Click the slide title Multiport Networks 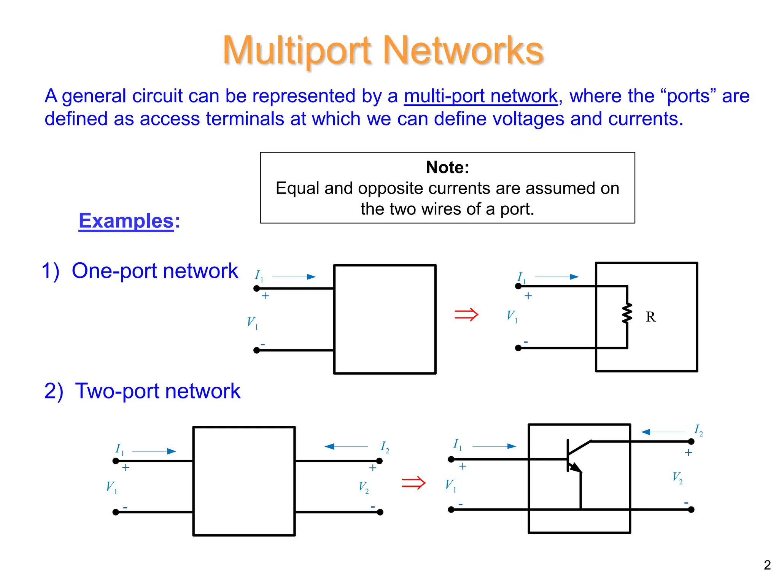click(x=383, y=51)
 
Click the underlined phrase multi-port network click(x=480, y=96)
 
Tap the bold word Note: click(x=447, y=167)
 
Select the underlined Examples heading click(x=126, y=221)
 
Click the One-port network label click(x=140, y=271)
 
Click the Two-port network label click(x=142, y=391)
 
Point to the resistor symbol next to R click(x=627, y=313)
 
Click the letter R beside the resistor click(x=650, y=317)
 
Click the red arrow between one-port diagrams click(x=466, y=314)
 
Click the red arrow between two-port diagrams click(x=413, y=483)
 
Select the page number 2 click(x=767, y=565)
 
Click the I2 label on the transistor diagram click(x=698, y=430)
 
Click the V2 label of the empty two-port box click(x=364, y=487)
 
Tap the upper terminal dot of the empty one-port click(x=257, y=289)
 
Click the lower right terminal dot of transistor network click(x=691, y=509)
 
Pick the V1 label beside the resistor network click(x=512, y=316)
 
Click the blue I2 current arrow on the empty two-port click(x=346, y=446)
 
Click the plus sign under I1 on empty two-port click(x=126, y=467)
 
